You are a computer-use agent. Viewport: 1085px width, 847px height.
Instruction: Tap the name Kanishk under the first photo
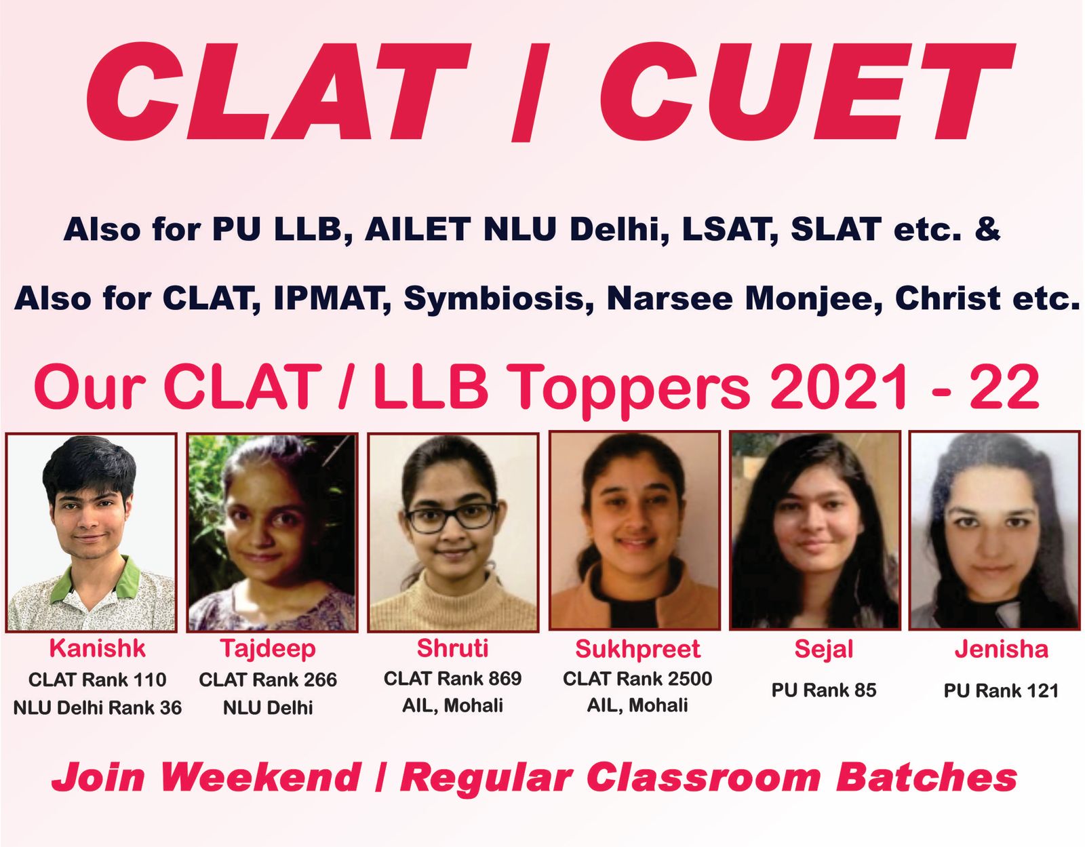click(98, 649)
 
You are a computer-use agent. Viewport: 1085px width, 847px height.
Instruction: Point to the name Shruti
click(452, 648)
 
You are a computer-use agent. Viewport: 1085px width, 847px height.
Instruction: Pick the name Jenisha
click(1001, 650)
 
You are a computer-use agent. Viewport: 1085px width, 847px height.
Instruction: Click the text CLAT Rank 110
click(98, 679)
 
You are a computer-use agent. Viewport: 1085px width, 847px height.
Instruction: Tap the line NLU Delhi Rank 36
click(98, 708)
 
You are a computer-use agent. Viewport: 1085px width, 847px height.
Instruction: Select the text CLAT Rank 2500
click(637, 679)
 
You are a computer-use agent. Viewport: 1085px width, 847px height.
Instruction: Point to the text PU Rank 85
click(824, 690)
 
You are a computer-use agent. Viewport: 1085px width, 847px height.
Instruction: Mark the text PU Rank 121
click(1001, 691)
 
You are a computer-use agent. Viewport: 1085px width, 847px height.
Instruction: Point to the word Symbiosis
click(499, 299)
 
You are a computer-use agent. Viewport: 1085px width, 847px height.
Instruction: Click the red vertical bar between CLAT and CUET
click(531, 92)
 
